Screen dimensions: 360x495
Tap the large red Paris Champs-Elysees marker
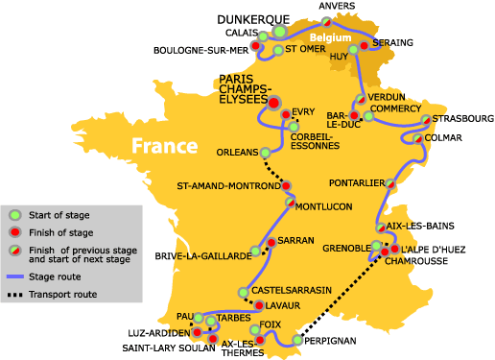pyautogui.click(x=273, y=102)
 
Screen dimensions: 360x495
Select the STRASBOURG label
pyautogui.click(x=462, y=118)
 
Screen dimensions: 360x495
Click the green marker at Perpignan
pyautogui.click(x=297, y=341)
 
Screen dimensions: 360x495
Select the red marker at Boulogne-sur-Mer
pyautogui.click(x=257, y=45)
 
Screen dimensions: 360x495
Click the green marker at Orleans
pyautogui.click(x=266, y=152)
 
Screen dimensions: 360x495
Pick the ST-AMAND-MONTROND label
pyautogui.click(x=226, y=185)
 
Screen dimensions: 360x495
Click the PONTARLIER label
pyautogui.click(x=353, y=181)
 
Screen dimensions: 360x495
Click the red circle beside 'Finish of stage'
pyautogui.click(x=15, y=233)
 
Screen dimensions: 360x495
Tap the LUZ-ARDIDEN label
pyautogui.click(x=154, y=332)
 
